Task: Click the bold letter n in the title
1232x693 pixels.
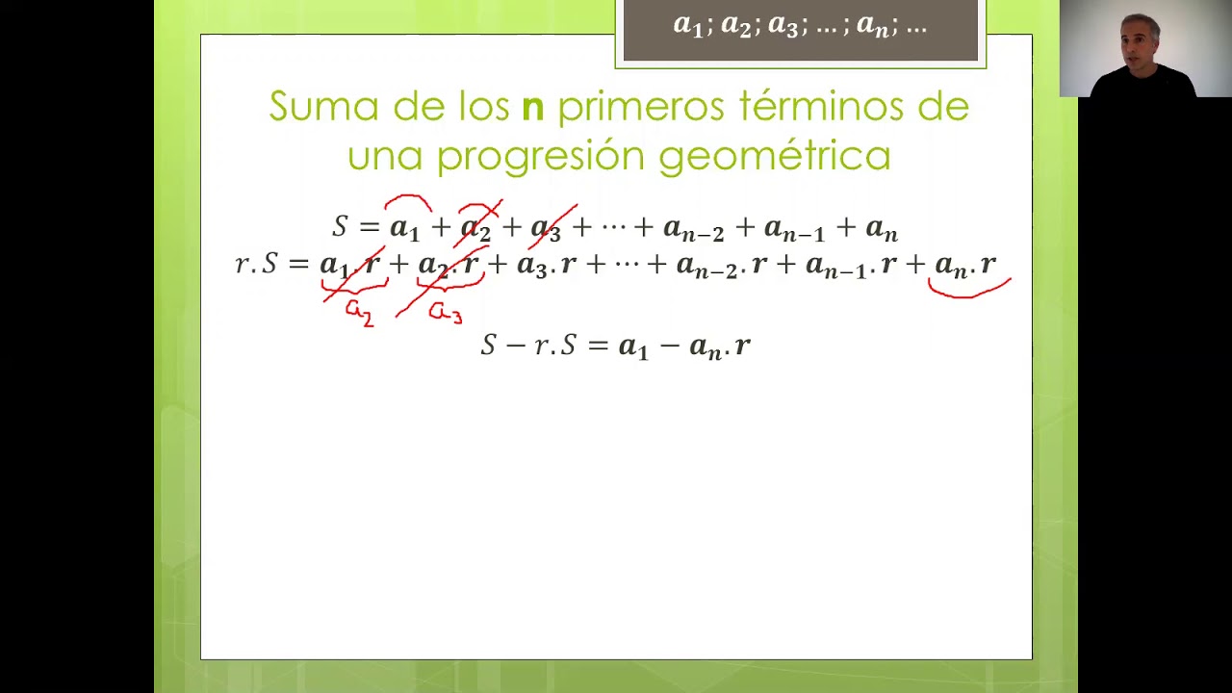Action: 533,108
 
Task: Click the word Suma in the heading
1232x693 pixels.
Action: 325,106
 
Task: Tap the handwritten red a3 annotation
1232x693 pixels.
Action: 445,312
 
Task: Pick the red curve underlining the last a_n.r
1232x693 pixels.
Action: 969,289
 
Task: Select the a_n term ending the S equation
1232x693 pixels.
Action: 882,229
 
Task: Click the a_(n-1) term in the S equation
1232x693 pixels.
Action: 794,229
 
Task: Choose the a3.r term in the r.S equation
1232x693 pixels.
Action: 547,266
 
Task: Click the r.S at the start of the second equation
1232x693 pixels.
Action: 256,265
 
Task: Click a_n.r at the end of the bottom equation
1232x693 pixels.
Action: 719,346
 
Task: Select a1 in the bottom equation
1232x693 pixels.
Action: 632,346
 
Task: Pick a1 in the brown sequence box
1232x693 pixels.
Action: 687,26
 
